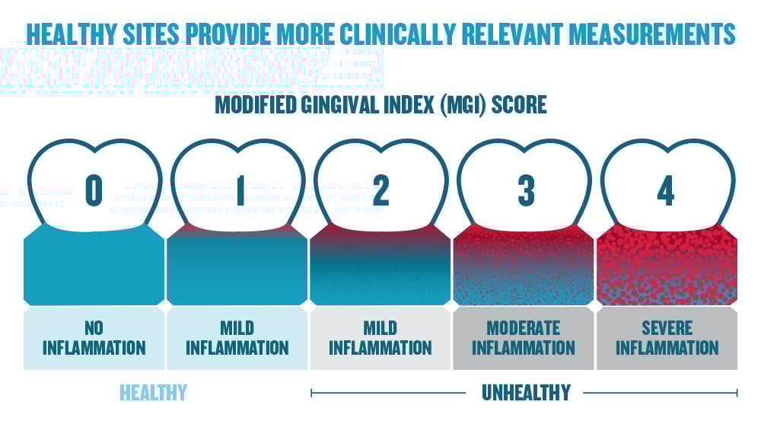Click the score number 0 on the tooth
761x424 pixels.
pos(94,191)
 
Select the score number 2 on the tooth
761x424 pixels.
pos(380,191)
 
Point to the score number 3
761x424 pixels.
pos(525,191)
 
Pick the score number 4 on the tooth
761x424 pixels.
pos(666,191)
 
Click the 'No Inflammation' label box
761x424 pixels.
pos(94,338)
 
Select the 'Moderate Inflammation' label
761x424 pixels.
pos(524,338)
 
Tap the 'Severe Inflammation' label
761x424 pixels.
pos(667,338)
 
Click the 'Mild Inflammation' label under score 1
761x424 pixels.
pos(237,338)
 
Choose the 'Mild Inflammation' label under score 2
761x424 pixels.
pos(380,338)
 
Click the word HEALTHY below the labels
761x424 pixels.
pos(153,392)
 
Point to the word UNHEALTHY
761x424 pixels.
pos(525,392)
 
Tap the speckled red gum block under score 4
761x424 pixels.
pos(667,266)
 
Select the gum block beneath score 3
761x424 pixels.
pos(524,266)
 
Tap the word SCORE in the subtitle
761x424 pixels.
pos(518,104)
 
